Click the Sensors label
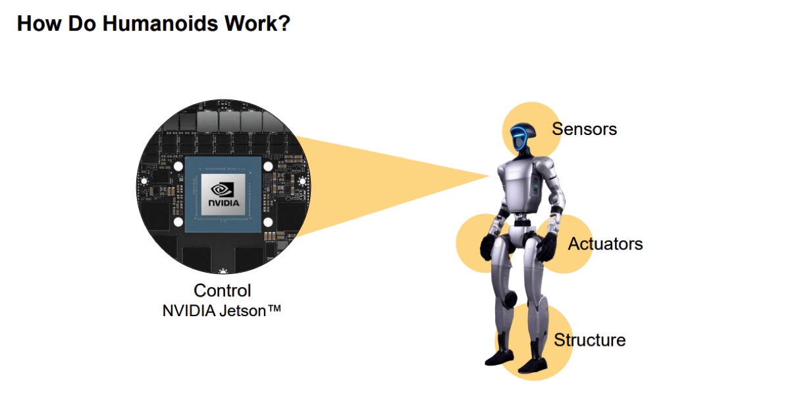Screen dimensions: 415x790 [x=584, y=128]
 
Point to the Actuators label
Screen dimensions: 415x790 [x=605, y=244]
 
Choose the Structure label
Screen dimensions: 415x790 [x=589, y=340]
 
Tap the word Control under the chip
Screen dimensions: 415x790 [x=222, y=290]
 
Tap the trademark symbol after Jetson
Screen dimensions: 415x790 [x=274, y=308]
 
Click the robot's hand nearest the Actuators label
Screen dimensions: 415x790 [x=545, y=248]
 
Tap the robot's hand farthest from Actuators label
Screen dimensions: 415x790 [x=488, y=246]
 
